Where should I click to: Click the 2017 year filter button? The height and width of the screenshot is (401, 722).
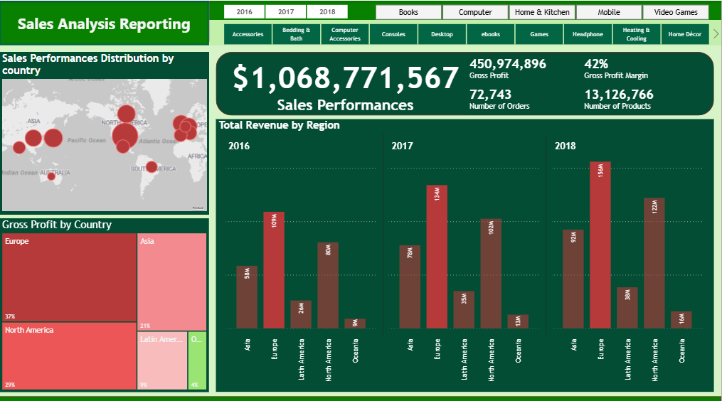coord(286,12)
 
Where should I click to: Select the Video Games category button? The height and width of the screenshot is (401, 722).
coord(675,12)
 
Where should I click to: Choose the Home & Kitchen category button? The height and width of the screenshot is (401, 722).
coord(542,12)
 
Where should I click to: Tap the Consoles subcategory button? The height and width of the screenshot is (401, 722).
coord(393,34)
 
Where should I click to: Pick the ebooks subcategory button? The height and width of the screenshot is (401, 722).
coord(491,34)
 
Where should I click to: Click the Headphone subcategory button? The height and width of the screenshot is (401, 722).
coord(588,34)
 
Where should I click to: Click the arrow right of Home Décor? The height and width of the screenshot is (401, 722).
coord(715,33)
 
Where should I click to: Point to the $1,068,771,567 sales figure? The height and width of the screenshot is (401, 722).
coord(346,78)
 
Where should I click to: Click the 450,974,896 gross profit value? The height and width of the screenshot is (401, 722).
coord(508,64)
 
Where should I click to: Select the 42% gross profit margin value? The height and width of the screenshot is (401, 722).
coord(596,64)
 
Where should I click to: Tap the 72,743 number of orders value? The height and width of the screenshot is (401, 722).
coord(490,95)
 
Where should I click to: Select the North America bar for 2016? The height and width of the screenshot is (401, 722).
coord(328,285)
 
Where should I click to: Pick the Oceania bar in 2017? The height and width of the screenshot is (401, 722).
coord(518,321)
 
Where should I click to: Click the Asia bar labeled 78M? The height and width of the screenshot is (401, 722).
coord(410,287)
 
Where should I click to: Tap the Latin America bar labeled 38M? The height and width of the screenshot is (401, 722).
coord(627,307)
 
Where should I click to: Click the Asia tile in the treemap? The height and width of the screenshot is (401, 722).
coord(171,282)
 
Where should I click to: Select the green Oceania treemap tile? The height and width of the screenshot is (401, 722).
coord(198,360)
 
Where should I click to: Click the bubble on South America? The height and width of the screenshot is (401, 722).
coord(152,167)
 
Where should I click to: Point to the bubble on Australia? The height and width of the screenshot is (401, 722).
coord(51,176)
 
